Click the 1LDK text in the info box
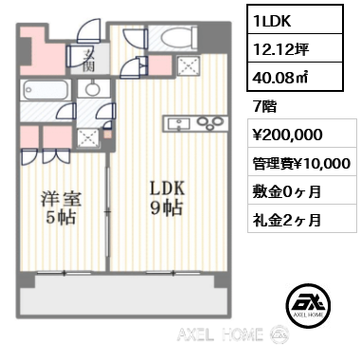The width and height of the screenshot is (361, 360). coord(272,21)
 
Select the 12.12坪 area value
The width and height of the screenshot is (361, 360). coord(281,49)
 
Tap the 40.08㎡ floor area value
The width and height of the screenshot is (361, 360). coord(280,77)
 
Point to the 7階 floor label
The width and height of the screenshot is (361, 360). coord(264,107)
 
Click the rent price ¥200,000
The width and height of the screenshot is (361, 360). coord(287,135)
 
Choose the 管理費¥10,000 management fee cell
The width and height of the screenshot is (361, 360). coord(302,163)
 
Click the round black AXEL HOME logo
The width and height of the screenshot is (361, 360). coord(308,305)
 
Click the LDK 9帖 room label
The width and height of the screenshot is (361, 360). coord(167,199)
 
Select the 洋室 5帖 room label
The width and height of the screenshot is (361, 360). coord(61,207)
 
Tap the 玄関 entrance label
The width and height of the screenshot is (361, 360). coord(89,61)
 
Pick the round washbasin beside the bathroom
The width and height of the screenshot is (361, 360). coord(93,88)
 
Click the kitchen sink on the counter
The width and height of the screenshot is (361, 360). coord(178,123)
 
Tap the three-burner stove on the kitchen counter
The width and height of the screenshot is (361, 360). coord(210,122)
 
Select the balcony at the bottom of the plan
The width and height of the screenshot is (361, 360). coord(124,295)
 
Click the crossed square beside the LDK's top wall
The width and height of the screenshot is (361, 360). coord(189,66)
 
